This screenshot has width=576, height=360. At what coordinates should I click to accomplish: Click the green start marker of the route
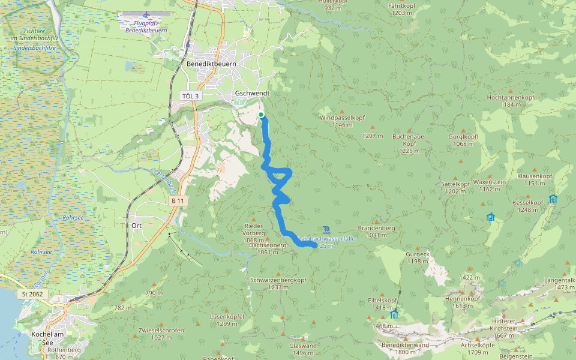pos(261,115)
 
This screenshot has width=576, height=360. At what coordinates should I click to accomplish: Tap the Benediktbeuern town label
pos(211,64)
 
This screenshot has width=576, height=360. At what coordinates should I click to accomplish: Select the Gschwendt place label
pos(253,94)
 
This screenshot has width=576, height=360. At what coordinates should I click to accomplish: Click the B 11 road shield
pos(177,200)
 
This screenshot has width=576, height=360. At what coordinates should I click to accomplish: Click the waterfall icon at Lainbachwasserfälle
pos(326,230)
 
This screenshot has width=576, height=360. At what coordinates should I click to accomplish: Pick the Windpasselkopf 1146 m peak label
pos(340,121)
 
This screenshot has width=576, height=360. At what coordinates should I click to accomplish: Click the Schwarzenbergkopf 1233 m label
pos(278,283)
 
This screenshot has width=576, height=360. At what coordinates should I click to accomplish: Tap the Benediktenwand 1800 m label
pos(405,349)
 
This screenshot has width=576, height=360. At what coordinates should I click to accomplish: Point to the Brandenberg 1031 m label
pos(376,232)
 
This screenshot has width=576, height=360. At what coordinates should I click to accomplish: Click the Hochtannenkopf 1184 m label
pos(511,101)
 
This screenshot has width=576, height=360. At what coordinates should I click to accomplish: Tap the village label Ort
pos(136,225)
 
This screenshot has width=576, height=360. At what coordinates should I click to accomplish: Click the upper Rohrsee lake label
pos(73,218)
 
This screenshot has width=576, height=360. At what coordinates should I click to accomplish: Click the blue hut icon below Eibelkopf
pos(394,314)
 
